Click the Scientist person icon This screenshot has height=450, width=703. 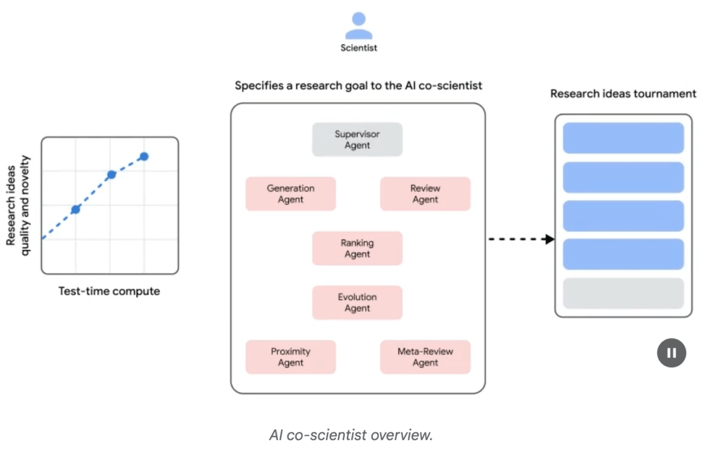359,26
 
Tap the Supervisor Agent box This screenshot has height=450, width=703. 357,140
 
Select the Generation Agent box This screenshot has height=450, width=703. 290,194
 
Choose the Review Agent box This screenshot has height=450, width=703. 425,194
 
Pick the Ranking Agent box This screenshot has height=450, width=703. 357,249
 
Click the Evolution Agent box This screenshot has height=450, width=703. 357,303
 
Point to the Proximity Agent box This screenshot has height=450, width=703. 290,357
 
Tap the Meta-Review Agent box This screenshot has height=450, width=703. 425,357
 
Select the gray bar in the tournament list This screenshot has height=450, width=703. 623,294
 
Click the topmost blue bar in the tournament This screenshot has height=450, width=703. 623,138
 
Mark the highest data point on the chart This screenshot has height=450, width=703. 144,156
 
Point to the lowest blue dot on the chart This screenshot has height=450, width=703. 76,209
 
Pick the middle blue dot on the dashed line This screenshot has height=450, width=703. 111,175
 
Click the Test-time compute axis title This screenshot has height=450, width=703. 109,291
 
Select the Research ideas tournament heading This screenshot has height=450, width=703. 623,94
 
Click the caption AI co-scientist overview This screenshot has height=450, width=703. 351,435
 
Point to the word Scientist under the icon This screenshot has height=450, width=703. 359,48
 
